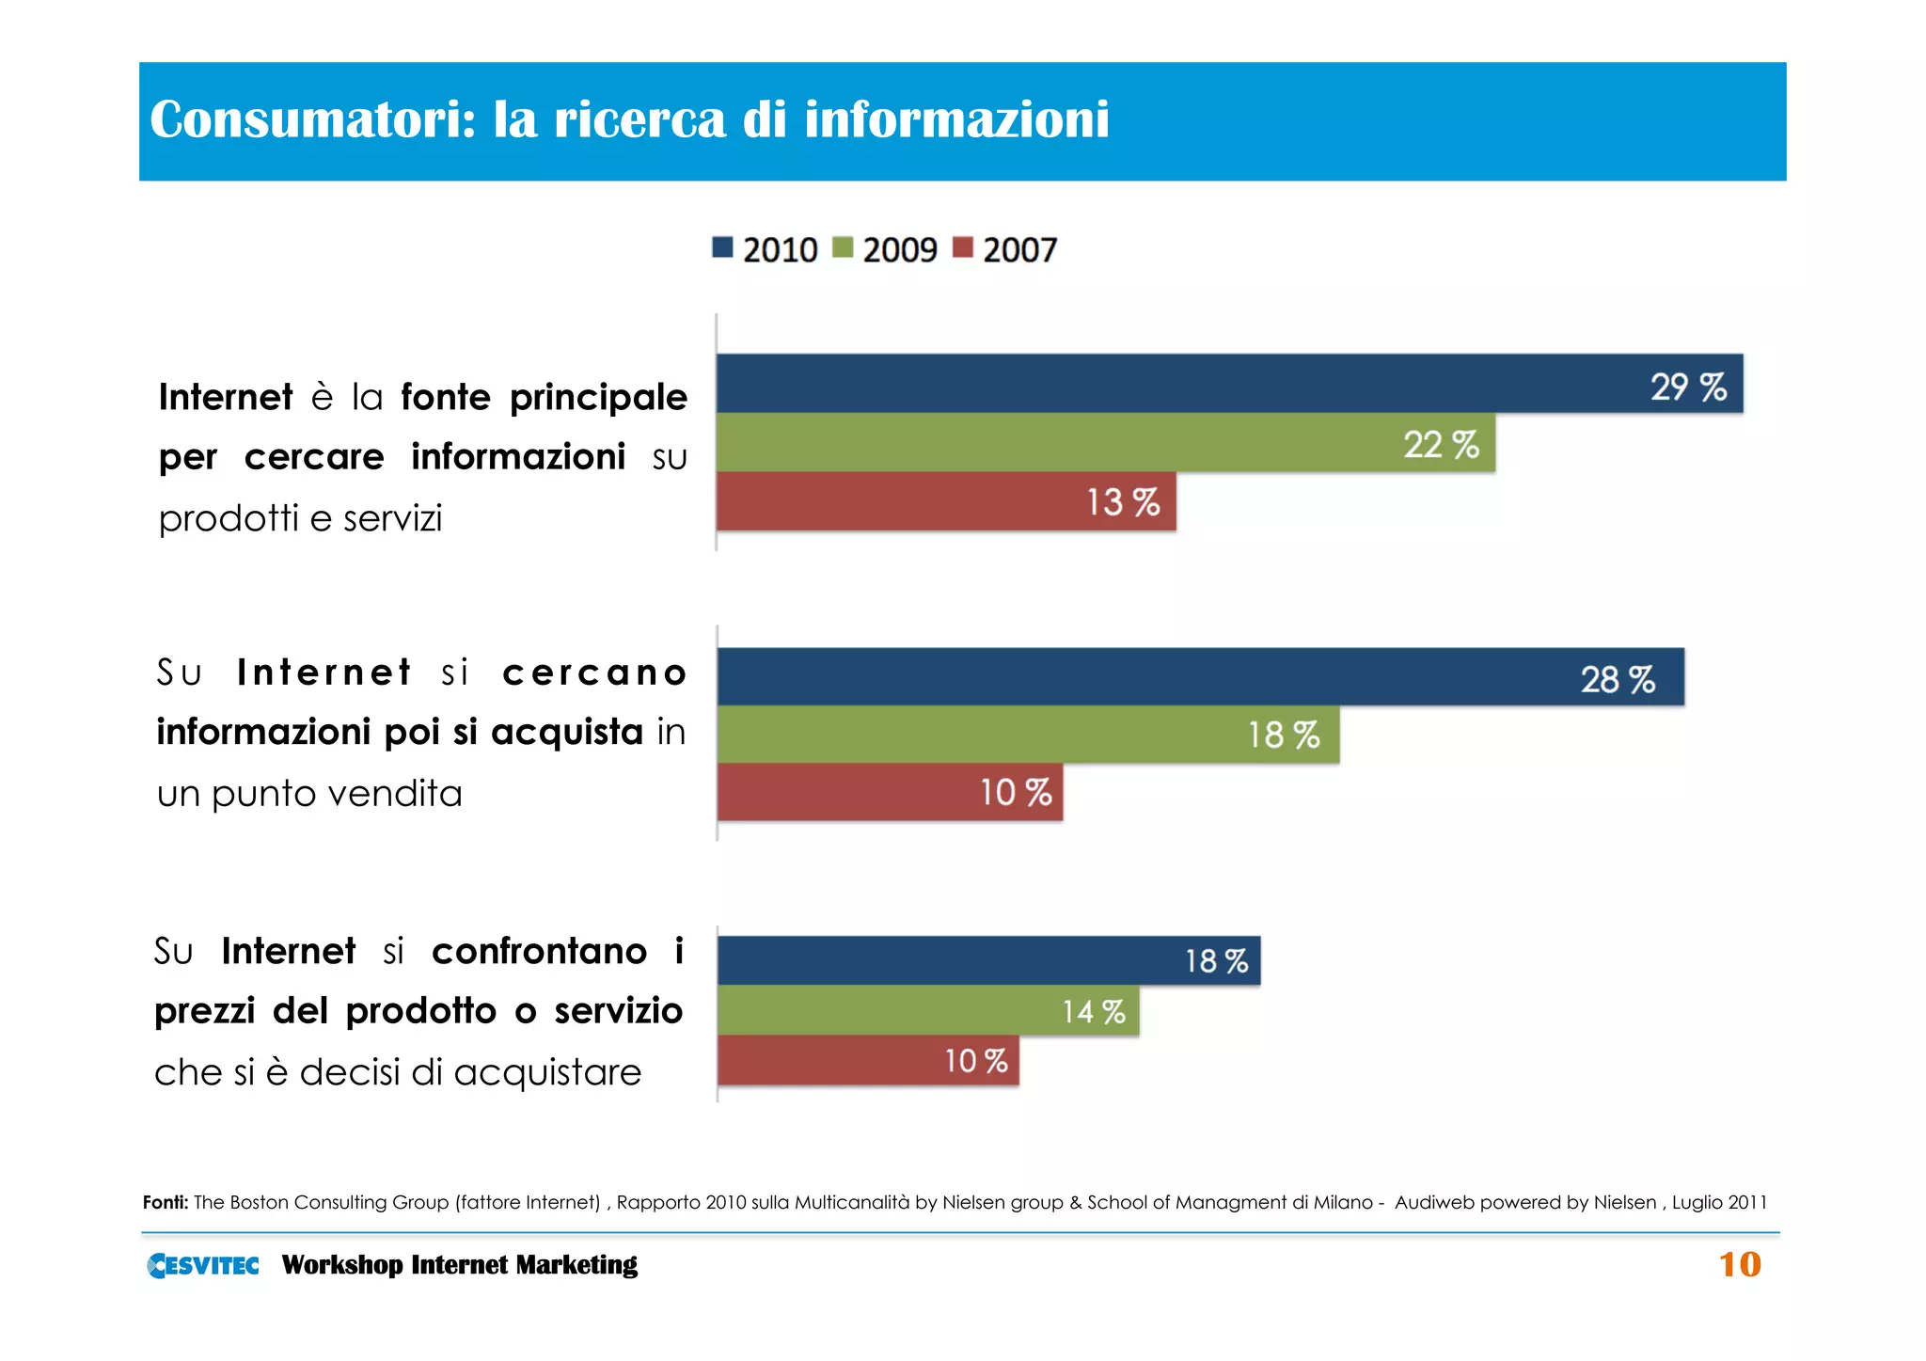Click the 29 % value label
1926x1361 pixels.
point(1688,387)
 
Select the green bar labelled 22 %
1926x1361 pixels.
point(1105,443)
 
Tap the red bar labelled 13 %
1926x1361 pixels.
point(945,502)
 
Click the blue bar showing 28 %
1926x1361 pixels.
point(1199,677)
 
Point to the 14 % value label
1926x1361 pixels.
point(1093,1012)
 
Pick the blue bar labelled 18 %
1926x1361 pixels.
point(987,961)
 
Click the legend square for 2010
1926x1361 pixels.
point(722,248)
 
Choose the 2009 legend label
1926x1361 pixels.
point(899,250)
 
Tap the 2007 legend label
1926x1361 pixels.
point(1019,250)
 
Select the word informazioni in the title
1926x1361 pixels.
point(956,120)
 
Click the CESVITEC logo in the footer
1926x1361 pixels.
point(203,1265)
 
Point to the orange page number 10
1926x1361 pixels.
point(1739,1265)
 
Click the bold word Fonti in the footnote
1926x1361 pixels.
point(166,1202)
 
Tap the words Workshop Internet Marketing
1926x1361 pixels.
point(459,1265)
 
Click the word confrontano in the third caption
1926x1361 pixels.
point(539,952)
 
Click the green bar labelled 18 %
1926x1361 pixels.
point(1028,735)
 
